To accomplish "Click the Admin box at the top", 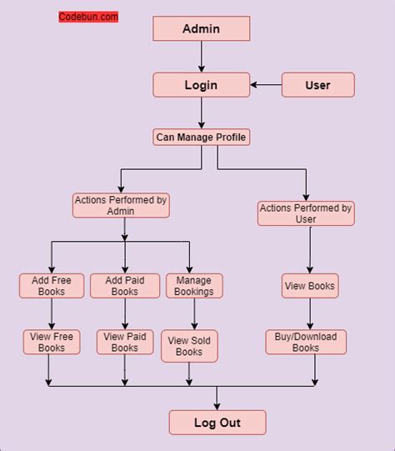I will point(201,29).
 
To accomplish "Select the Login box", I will point(201,84).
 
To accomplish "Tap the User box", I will point(317,84).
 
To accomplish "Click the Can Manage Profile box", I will point(201,137).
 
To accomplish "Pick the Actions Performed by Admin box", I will point(121,205).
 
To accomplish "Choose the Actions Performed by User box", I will point(306,213).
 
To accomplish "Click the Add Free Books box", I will point(52,286).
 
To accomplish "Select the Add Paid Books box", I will point(124,286).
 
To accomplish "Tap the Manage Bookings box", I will point(194,286).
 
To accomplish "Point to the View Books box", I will point(309,286).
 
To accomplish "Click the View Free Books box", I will point(52,342).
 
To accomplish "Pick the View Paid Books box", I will point(124,342).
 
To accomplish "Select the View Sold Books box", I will point(189,346).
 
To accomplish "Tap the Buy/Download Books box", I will point(306,342).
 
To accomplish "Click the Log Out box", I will point(217,423).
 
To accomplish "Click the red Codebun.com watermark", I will point(88,17).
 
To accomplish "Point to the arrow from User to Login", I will point(267,84).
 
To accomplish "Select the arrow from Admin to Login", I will point(201,57).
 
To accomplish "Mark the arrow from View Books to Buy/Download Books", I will point(310,314).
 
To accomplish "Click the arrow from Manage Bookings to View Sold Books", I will point(194,314).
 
